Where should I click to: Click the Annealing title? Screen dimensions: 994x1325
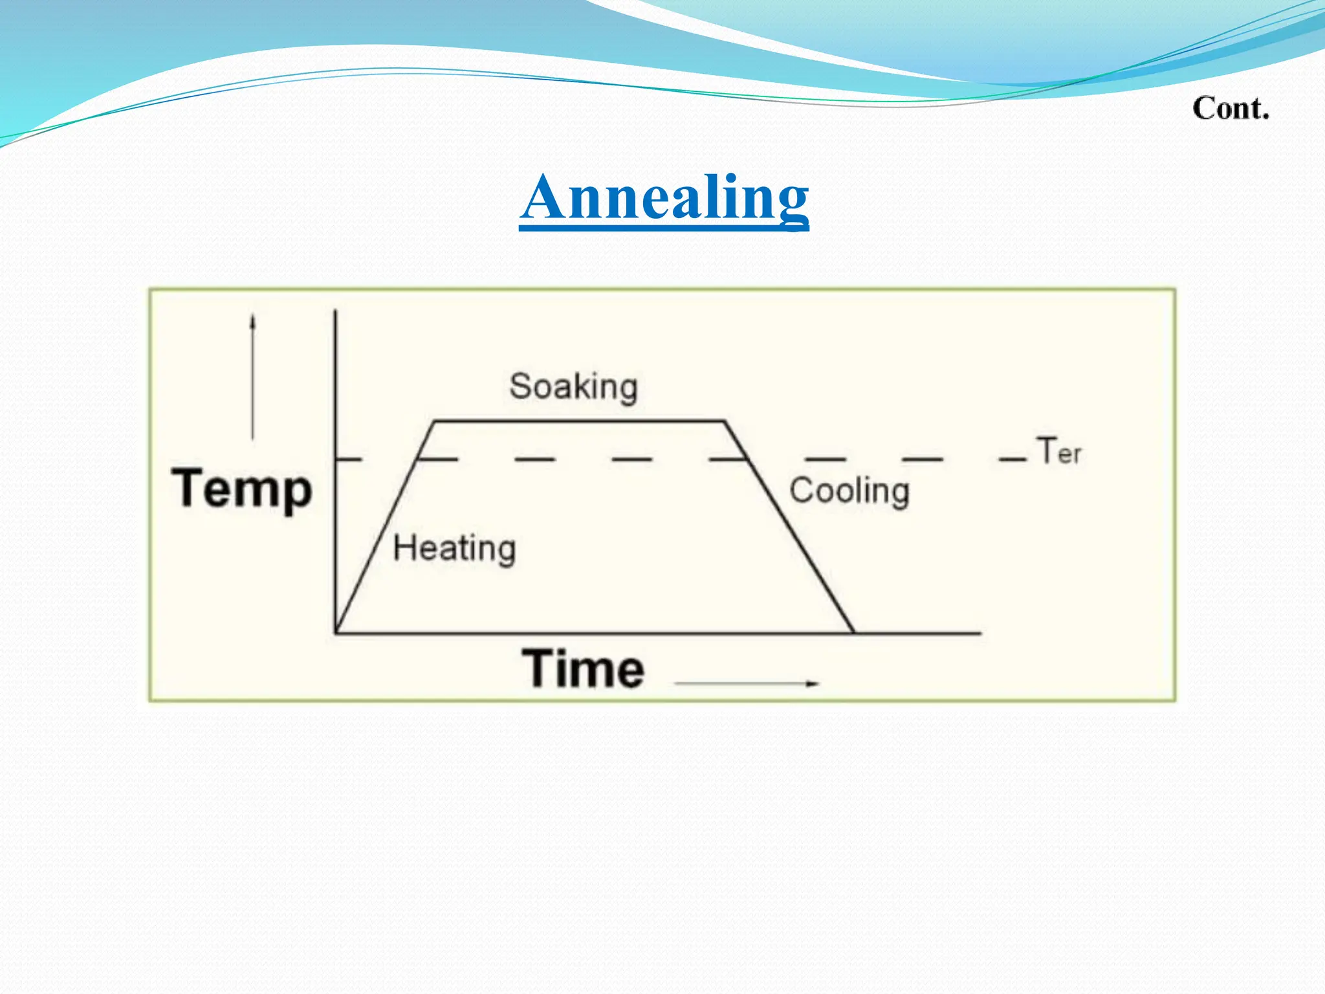(x=664, y=197)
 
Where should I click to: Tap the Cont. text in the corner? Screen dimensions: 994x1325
(x=1231, y=108)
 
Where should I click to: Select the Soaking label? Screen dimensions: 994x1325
(x=573, y=387)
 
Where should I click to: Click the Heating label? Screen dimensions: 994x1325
(x=454, y=549)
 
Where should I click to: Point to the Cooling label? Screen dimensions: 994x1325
(x=849, y=491)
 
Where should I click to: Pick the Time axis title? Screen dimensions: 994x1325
(x=584, y=668)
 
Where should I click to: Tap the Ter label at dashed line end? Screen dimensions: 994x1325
(x=1058, y=451)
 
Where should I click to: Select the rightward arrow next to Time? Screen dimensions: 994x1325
(x=747, y=683)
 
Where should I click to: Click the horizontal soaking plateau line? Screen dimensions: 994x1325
(x=579, y=421)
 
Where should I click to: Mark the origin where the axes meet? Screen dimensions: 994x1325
(x=336, y=632)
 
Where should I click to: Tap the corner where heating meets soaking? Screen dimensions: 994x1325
(x=434, y=422)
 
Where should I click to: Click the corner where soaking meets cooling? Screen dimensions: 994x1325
(x=724, y=422)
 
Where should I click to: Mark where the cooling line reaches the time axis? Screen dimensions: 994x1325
(x=853, y=632)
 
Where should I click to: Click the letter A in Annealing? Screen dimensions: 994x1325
(x=543, y=197)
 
